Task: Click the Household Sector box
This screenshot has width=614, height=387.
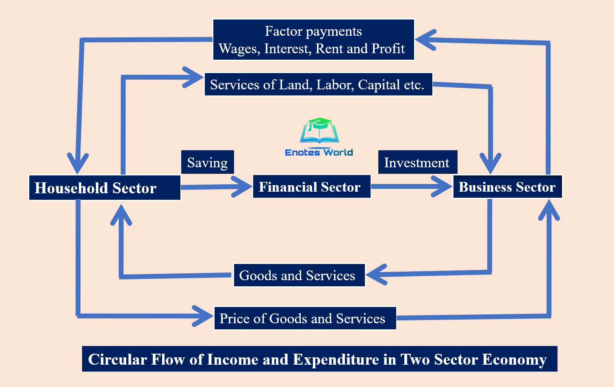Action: pyautogui.click(x=104, y=188)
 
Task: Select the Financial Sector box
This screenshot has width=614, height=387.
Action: pyautogui.click(x=311, y=187)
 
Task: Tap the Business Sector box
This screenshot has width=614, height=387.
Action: pyautogui.click(x=507, y=187)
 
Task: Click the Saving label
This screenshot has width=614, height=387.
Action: pyautogui.click(x=207, y=162)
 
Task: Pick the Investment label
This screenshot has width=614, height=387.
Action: pyautogui.click(x=417, y=162)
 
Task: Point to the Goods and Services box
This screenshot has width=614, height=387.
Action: pyautogui.click(x=299, y=275)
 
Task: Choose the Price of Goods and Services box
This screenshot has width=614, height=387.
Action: pyautogui.click(x=305, y=318)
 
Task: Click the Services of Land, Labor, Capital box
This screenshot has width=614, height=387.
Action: pyautogui.click(x=318, y=84)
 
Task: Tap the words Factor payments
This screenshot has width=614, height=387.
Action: pyautogui.click(x=313, y=31)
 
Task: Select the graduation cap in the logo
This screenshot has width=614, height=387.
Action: pyautogui.click(x=319, y=123)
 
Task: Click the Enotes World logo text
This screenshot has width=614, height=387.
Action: pyautogui.click(x=319, y=153)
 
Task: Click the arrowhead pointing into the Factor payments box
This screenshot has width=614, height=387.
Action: pyautogui.click(x=425, y=40)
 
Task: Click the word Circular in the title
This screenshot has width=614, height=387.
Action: pyautogui.click(x=117, y=360)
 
